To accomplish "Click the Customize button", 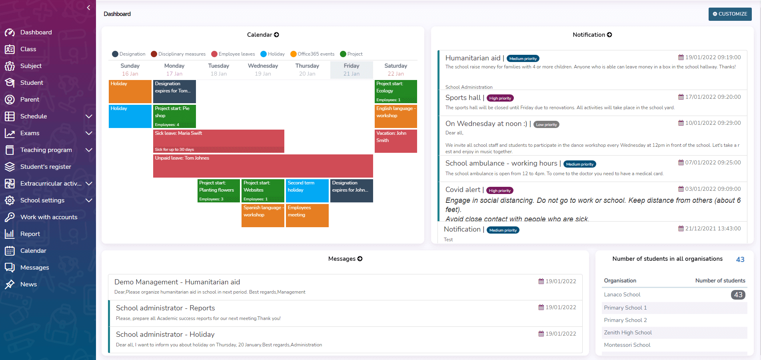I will tap(730, 14).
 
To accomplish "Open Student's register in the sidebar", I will tap(46, 167).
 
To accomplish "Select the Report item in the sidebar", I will tap(30, 234).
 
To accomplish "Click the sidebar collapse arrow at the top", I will tap(88, 8).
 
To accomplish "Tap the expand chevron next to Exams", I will tap(89, 133).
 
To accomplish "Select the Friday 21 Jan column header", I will tap(352, 70).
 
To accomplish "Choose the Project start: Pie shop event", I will tap(174, 116).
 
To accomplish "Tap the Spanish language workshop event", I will tap(263, 215).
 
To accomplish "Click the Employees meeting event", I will tap(307, 215).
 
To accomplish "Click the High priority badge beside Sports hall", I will tap(500, 98).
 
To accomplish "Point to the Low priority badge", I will tap(546, 125).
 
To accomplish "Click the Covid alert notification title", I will tap(463, 190).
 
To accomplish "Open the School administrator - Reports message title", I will tap(165, 308).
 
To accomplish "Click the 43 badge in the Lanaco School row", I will tap(738, 295).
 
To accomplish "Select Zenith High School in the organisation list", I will tap(627, 332).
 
